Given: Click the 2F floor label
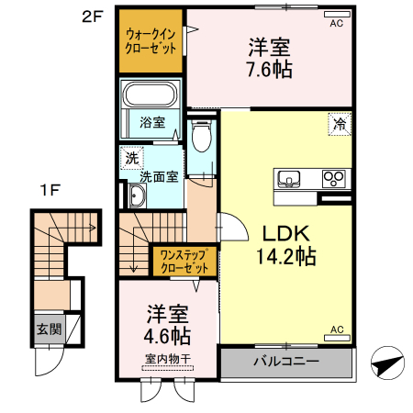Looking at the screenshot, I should [x=92, y=17].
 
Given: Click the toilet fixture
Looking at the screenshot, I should [x=202, y=135].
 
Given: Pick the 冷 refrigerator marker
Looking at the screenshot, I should [x=340, y=123].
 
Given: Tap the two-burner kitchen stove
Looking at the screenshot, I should [x=332, y=178].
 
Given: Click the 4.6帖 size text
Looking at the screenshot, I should [x=166, y=335].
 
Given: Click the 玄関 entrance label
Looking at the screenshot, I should [x=48, y=328].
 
